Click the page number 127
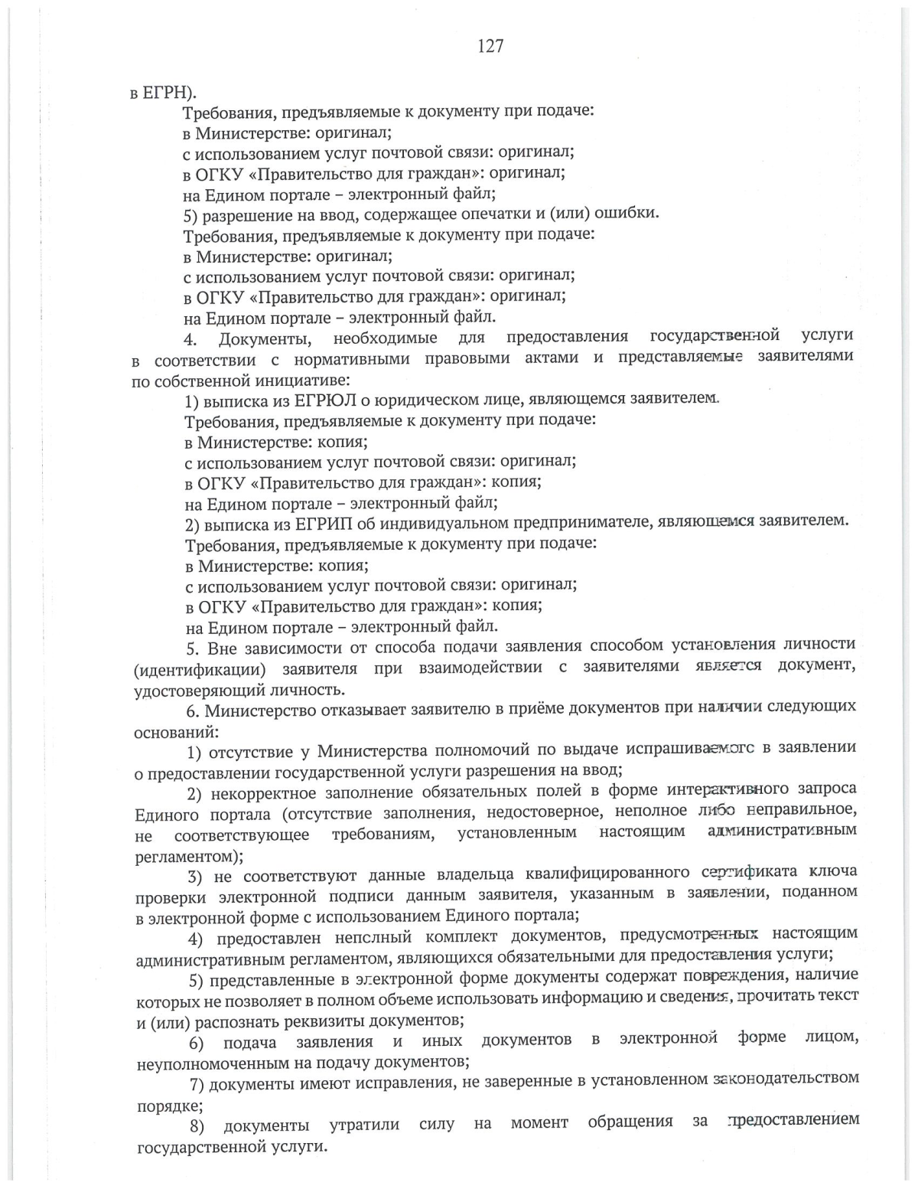tap(490, 46)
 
